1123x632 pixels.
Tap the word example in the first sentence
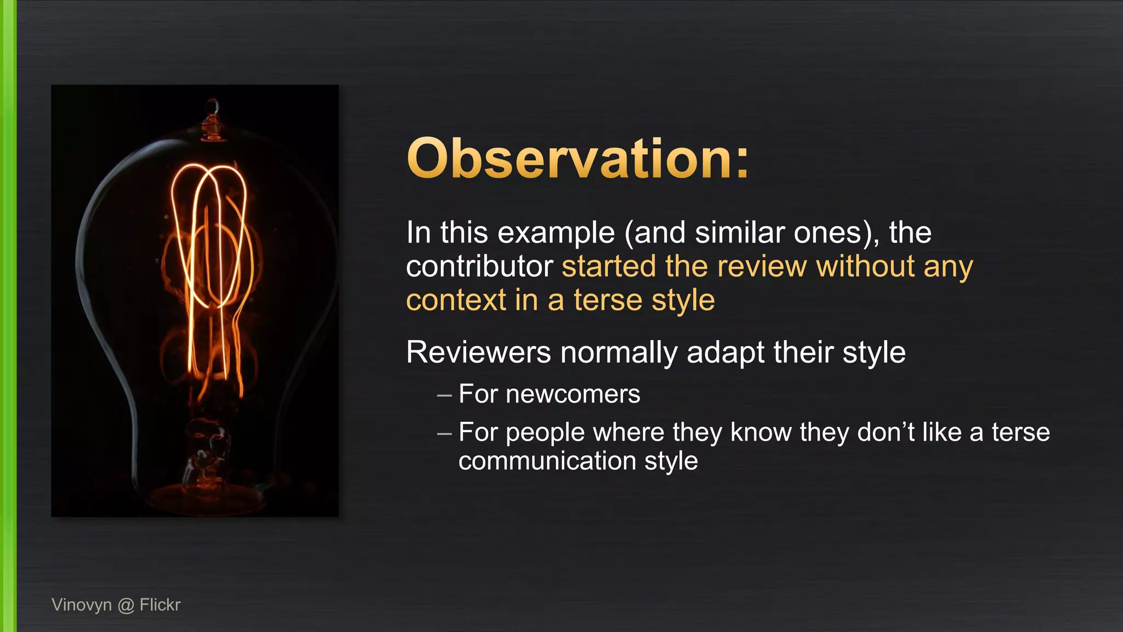(556, 233)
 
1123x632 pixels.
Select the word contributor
(479, 267)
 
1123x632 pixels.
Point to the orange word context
(456, 301)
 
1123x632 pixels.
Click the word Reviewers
(478, 352)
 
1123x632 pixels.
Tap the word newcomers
(572, 394)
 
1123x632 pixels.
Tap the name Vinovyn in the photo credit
(81, 605)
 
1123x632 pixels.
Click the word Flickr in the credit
(160, 605)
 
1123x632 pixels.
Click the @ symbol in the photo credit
(126, 605)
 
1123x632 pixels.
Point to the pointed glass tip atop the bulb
(213, 105)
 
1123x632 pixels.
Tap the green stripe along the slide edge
(8, 316)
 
